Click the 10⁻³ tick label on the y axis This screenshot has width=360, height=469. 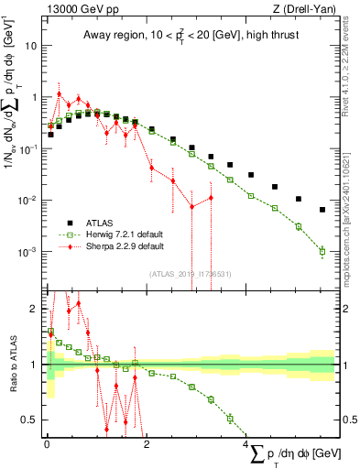(x=27, y=252)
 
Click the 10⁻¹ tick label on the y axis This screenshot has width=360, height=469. (x=27, y=148)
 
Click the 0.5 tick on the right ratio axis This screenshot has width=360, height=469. (x=348, y=420)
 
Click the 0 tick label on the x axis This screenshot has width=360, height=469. (x=47, y=443)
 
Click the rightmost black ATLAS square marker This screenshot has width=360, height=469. (x=322, y=210)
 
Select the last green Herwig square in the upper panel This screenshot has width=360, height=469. (x=322, y=251)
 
